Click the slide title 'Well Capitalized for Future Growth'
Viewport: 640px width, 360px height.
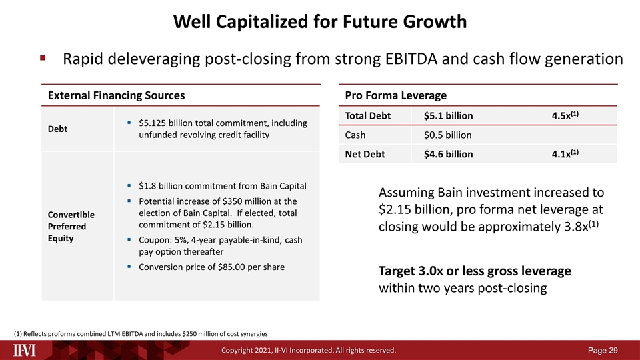click(x=320, y=22)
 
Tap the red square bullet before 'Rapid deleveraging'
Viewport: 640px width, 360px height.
click(x=43, y=59)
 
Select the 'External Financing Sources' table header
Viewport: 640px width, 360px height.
click(x=116, y=95)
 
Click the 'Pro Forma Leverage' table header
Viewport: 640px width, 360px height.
click(x=396, y=95)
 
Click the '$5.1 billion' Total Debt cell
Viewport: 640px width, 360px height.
click(x=448, y=116)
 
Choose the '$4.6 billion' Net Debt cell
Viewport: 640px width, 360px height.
click(x=448, y=155)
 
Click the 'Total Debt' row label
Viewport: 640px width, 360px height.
click(x=368, y=116)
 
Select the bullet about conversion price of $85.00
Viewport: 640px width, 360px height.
click(x=212, y=267)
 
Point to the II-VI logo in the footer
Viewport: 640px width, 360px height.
click(x=27, y=349)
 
